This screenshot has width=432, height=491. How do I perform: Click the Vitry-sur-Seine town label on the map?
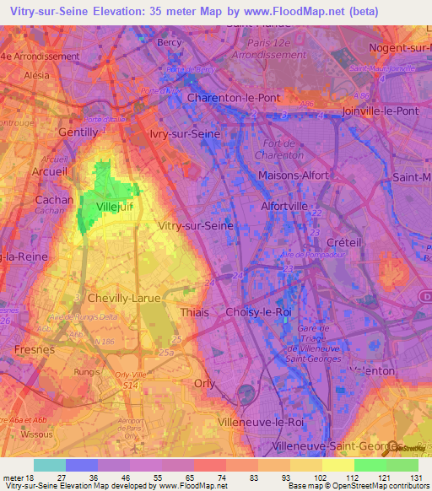[196, 226]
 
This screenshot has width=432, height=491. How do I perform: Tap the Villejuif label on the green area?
[112, 206]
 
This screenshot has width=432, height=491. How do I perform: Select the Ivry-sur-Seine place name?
[185, 132]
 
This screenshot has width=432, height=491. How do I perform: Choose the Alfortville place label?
[289, 205]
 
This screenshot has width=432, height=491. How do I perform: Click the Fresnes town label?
[34, 348]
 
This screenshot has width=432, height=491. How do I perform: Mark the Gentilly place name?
[78, 132]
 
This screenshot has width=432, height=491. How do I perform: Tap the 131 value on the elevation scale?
[417, 478]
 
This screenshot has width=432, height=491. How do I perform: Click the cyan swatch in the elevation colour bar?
[49, 465]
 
